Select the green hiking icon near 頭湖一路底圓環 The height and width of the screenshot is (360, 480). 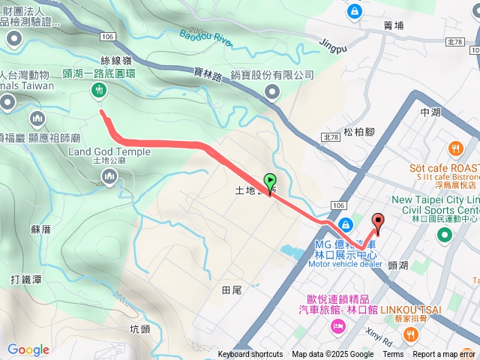[97, 91]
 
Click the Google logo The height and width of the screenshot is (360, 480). [28, 349]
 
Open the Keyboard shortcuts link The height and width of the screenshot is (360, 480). [250, 355]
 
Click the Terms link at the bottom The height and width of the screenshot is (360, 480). [393, 355]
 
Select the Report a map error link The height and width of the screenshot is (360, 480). [444, 355]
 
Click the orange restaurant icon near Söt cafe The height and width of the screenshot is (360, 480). [454, 148]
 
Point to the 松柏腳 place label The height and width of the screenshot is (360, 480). [358, 132]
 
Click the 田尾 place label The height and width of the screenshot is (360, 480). [232, 289]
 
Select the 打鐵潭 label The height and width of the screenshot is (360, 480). [26, 280]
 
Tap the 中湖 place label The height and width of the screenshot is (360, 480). [430, 112]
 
